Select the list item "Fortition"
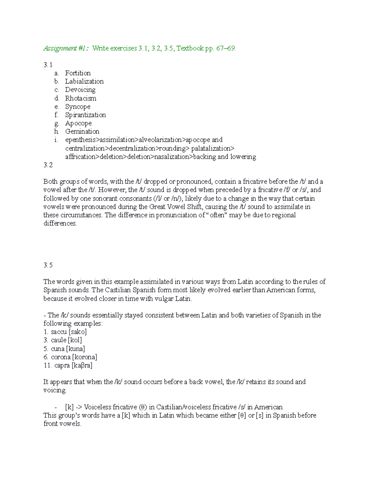[x=78, y=73]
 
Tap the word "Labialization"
[x=84, y=81]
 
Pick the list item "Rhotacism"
[x=80, y=98]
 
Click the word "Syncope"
[x=78, y=107]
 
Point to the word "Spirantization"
[x=85, y=115]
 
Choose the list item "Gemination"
[x=82, y=132]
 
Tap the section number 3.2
[x=48, y=165]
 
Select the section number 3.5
[x=48, y=265]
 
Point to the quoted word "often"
[x=216, y=215]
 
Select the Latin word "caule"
[x=59, y=340]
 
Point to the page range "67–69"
[x=226, y=48]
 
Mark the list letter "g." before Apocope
[x=56, y=123]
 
